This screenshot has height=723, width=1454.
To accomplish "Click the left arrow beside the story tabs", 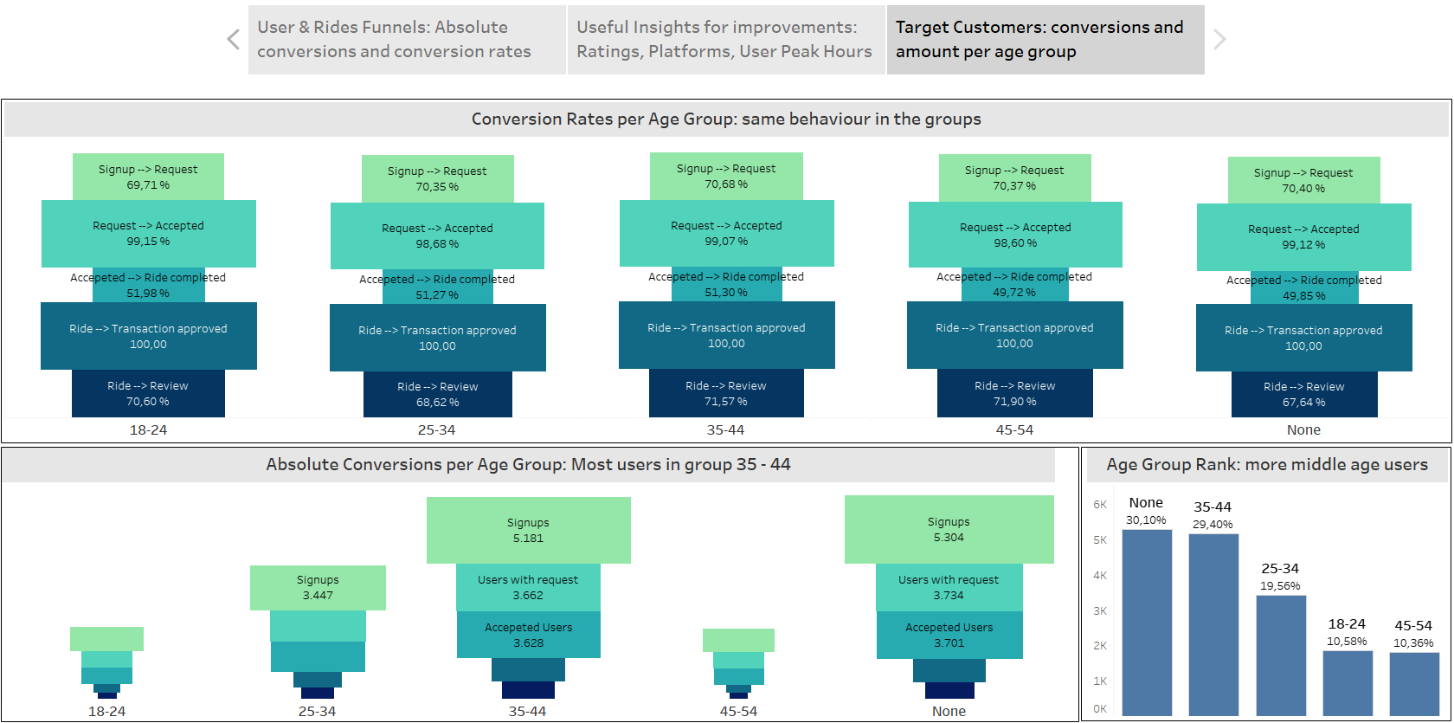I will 233,39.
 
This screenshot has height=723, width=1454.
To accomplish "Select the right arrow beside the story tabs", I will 1219,39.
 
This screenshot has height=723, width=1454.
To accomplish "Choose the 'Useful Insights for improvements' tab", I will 725,40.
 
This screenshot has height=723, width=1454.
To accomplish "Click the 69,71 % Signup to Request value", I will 148,185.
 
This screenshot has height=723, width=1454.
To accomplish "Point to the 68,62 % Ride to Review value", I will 437,403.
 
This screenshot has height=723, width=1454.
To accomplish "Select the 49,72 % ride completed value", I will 1014,293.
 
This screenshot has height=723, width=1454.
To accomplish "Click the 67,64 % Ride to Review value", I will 1303,403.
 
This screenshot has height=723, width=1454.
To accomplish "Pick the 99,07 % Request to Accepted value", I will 726,242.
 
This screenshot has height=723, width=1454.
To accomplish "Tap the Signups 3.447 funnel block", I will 318,588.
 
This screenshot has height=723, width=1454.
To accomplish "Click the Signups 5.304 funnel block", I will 949,529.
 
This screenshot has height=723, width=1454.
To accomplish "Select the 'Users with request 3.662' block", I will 528,588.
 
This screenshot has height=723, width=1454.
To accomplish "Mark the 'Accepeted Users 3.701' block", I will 949,635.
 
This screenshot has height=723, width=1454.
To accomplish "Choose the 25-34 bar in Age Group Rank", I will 1281,655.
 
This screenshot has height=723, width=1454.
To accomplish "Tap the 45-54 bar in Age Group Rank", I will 1414,684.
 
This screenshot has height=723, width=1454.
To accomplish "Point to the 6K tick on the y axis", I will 1100,505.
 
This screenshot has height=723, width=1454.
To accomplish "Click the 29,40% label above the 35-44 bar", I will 1213,525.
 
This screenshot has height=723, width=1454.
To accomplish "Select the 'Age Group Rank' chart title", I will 1267,465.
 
